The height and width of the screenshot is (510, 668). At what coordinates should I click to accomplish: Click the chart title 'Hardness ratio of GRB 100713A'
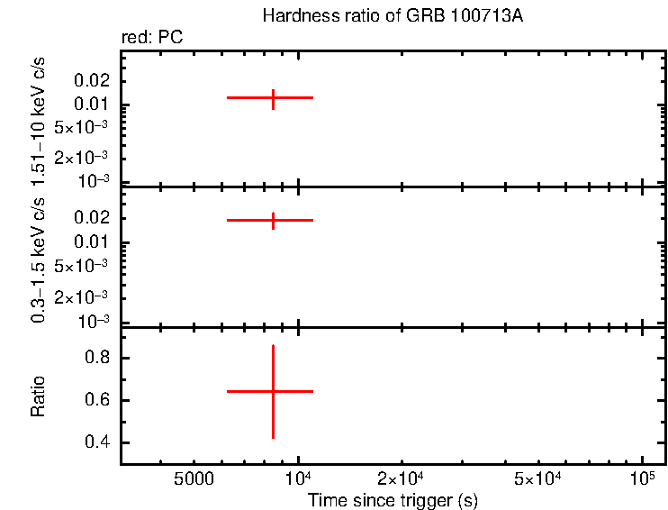[x=392, y=16]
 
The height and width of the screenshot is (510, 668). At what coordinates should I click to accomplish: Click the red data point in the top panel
[x=273, y=97]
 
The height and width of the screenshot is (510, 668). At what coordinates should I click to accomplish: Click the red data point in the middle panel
[x=273, y=220]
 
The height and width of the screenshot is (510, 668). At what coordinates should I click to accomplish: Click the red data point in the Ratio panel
[x=273, y=391]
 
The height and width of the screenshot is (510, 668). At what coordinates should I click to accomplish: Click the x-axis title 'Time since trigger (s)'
[x=392, y=500]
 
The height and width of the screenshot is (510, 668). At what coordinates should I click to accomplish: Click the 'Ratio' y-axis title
[x=39, y=396]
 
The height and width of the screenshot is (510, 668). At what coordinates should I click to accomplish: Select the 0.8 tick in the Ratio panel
[x=96, y=359]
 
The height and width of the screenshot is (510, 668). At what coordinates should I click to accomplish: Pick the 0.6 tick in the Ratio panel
[x=96, y=401]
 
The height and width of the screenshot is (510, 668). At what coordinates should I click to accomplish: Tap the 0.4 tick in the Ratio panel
[x=96, y=443]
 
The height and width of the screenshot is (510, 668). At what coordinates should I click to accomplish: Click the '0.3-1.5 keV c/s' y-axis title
[x=39, y=257]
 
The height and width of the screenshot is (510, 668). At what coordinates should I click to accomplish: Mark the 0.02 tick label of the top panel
[x=94, y=80]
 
